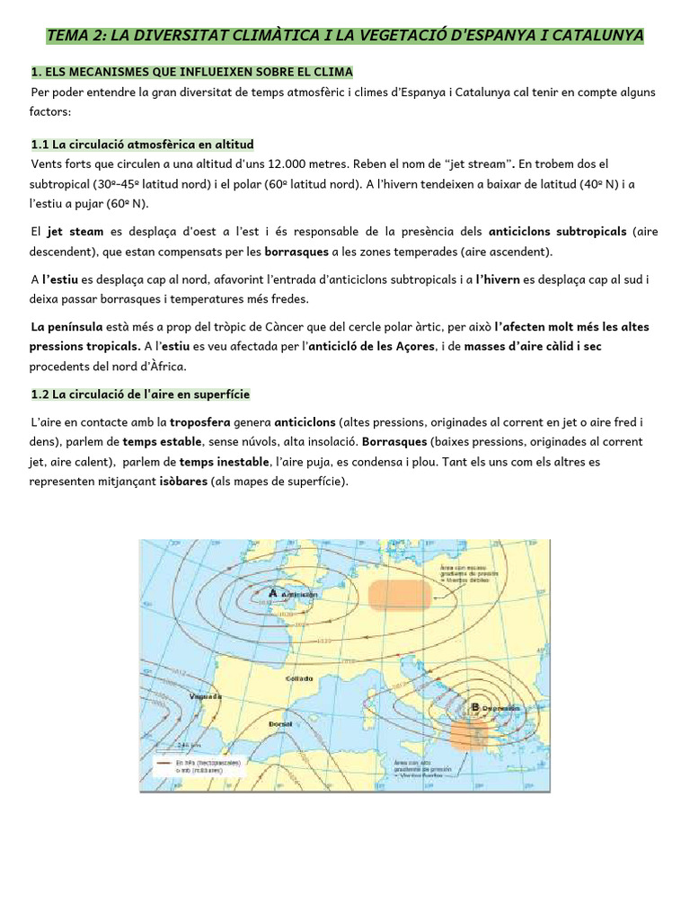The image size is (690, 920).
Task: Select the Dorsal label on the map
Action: coord(279,722)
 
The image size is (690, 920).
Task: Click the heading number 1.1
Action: coord(41,144)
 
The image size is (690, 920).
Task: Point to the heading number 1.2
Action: coord(41,394)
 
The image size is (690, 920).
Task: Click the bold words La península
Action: coord(66,327)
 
